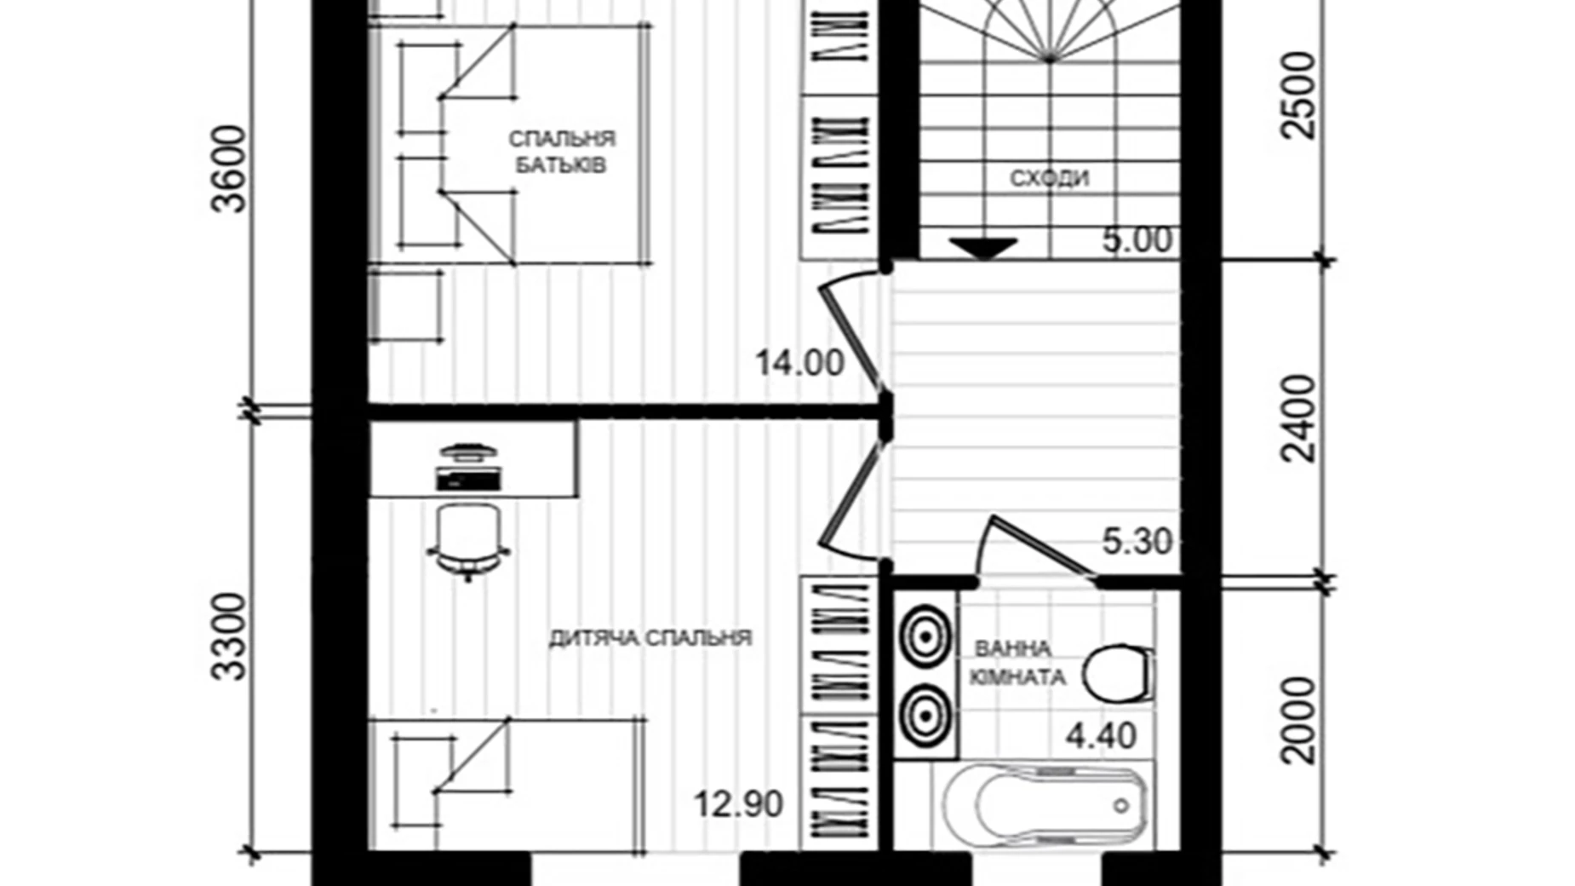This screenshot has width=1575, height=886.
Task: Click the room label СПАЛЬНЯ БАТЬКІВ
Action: pyautogui.click(x=561, y=152)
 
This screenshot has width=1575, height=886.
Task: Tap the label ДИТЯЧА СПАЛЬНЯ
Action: pyautogui.click(x=650, y=638)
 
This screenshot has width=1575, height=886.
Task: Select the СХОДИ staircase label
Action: pyautogui.click(x=1049, y=179)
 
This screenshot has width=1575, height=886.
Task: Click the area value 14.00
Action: pyautogui.click(x=799, y=364)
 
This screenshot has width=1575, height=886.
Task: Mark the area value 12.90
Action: pyautogui.click(x=737, y=804)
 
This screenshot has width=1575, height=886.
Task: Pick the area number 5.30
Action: pyautogui.click(x=1137, y=541)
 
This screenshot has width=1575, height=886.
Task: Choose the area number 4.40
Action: pyautogui.click(x=1101, y=735)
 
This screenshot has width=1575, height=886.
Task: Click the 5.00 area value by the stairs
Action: pyautogui.click(x=1137, y=240)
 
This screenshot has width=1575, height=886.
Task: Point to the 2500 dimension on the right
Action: pyautogui.click(x=1298, y=95)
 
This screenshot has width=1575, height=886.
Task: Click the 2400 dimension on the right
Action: pyautogui.click(x=1298, y=418)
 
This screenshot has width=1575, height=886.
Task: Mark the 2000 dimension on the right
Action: pyautogui.click(x=1298, y=720)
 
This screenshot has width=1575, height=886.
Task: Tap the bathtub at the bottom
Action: pyautogui.click(x=1043, y=805)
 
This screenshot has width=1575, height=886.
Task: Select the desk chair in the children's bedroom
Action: pyautogui.click(x=467, y=537)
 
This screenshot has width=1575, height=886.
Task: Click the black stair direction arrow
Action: pyautogui.click(x=983, y=248)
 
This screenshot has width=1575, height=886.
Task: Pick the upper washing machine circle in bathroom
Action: pyautogui.click(x=925, y=635)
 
